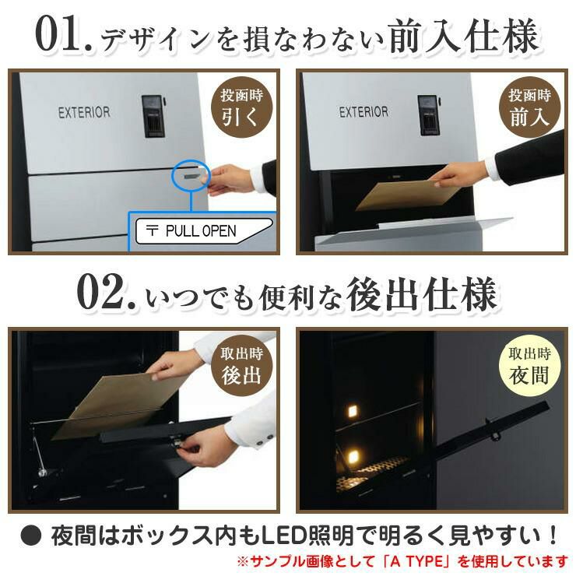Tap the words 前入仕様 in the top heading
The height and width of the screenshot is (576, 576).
click(464, 36)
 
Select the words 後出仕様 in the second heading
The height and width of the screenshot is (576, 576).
click(423, 294)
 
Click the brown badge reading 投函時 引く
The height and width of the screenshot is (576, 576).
click(241, 107)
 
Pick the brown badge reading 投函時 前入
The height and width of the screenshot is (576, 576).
click(529, 107)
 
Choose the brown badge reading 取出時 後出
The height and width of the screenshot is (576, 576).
click(241, 366)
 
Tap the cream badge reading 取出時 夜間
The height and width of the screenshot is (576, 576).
click(529, 366)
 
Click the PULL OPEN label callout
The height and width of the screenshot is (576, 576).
click(204, 230)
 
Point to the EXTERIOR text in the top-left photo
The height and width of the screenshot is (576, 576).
click(84, 112)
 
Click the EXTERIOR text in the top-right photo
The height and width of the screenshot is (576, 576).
click(364, 111)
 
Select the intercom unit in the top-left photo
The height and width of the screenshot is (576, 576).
click(153, 116)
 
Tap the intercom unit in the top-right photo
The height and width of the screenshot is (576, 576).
click(427, 115)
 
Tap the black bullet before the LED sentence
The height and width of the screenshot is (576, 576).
click(31, 536)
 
